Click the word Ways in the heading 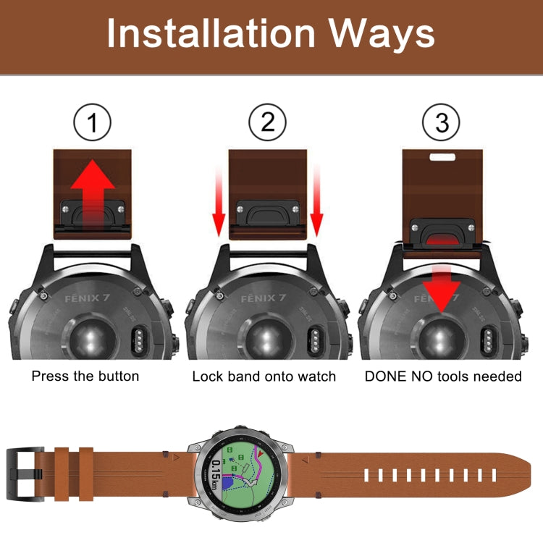click(379, 34)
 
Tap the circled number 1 click(93, 125)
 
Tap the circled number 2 click(268, 125)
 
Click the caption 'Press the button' click(85, 376)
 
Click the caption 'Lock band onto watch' click(264, 376)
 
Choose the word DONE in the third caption click(386, 376)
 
